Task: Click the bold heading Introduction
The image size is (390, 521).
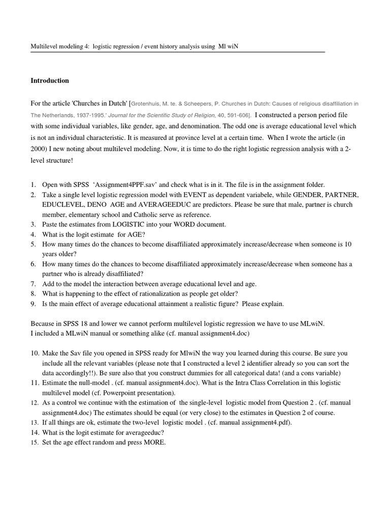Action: click(50, 80)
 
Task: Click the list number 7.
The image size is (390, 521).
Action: click(33, 283)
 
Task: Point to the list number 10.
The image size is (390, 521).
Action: click(35, 353)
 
